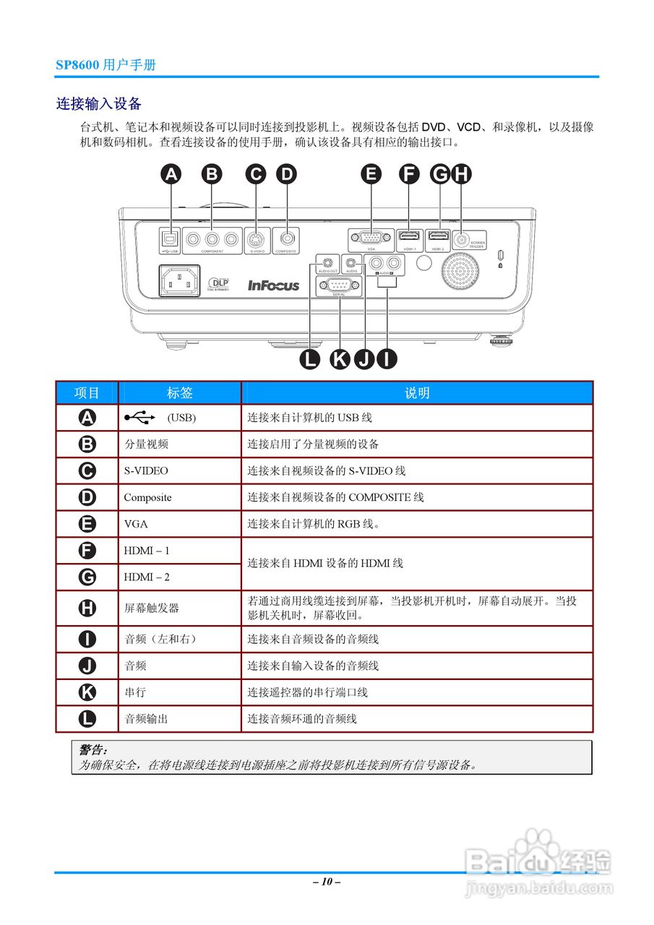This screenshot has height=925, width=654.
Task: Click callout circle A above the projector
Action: pos(171,174)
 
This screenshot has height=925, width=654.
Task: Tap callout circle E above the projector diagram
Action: pos(371,174)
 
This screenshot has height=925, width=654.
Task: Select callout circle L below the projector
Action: pos(310,358)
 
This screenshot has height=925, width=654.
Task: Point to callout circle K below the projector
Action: pos(340,358)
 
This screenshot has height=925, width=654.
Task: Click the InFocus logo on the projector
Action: pos(273,285)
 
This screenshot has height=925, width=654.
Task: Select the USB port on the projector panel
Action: pos(168,238)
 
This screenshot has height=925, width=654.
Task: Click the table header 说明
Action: pos(417,393)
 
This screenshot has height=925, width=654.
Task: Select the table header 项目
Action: pos(87,393)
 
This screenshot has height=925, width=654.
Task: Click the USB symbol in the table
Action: pos(139,418)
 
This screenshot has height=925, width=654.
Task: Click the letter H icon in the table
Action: pos(87,608)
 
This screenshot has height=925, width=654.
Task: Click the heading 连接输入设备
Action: pos(98,104)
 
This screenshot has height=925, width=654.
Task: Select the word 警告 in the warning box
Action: pos(92,750)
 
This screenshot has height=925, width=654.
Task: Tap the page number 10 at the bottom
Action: pos(327,882)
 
